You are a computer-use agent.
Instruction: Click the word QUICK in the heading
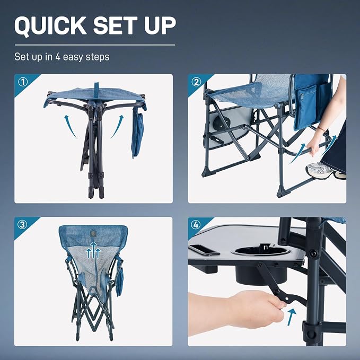click(x=50, y=25)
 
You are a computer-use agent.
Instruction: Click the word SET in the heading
click(x=115, y=25)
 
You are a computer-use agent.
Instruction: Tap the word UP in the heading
click(x=160, y=25)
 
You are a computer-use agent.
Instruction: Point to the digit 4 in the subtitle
click(x=58, y=57)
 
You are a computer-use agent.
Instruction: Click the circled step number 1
click(x=23, y=82)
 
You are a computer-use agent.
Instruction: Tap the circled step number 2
click(x=196, y=82)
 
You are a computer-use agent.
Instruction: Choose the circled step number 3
click(x=22, y=225)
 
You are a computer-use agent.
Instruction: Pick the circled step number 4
click(x=196, y=225)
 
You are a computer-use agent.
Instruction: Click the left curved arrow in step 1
click(x=69, y=126)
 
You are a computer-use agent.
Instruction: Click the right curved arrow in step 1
click(x=118, y=126)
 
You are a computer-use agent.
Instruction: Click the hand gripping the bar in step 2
click(x=314, y=146)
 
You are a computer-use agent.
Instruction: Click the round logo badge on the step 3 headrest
click(x=93, y=234)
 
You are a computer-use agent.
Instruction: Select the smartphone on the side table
click(x=204, y=250)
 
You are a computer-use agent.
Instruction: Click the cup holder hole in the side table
click(x=261, y=251)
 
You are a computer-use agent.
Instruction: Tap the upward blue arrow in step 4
click(x=291, y=317)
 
